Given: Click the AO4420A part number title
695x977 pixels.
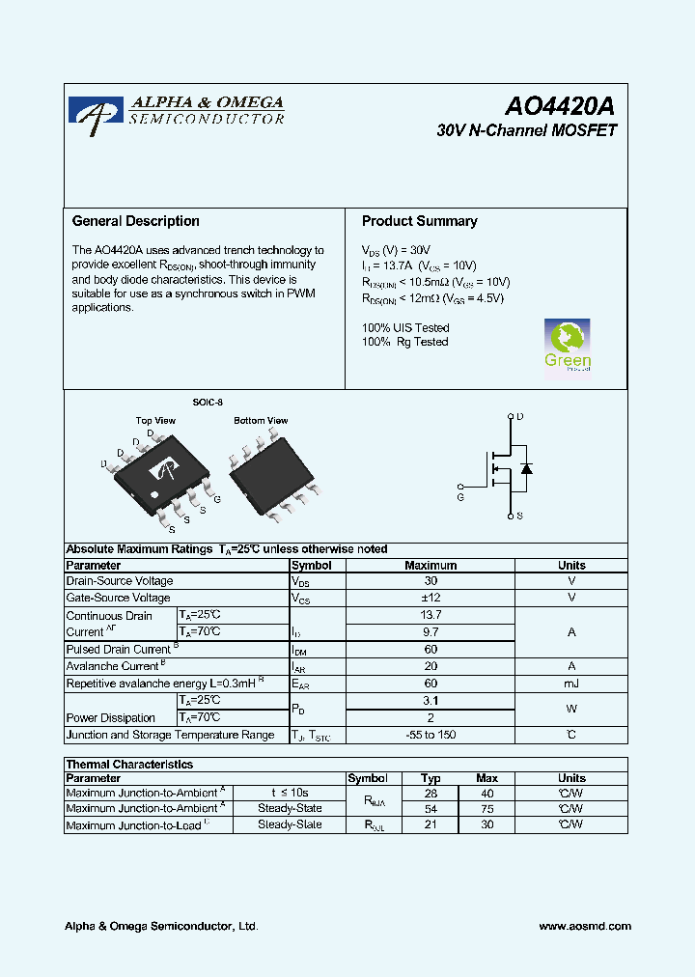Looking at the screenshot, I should tap(560, 106).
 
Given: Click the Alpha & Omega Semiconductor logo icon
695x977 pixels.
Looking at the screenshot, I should tap(96, 110).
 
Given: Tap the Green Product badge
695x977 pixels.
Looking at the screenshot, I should tap(568, 346).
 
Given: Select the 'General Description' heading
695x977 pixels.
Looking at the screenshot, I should tap(136, 221).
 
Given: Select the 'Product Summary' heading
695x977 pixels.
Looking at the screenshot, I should tap(419, 221).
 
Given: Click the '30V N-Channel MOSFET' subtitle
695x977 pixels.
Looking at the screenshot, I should tap(526, 130).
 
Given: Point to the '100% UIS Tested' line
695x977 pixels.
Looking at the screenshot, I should tap(405, 328).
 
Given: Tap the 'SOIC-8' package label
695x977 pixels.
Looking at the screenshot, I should tap(207, 403).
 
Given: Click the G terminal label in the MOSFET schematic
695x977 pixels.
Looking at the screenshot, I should tap(460, 497).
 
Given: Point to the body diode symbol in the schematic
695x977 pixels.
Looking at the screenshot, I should tap(526, 468).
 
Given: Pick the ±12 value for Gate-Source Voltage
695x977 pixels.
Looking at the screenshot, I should tap(431, 599).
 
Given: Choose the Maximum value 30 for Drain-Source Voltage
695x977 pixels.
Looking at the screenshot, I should tap(431, 581).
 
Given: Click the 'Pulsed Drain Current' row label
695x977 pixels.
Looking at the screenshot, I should tap(119, 650).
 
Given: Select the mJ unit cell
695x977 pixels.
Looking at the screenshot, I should tap(571, 684).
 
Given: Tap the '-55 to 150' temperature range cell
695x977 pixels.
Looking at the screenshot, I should tap(431, 736).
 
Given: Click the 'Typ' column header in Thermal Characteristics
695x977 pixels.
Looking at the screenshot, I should tap(431, 778).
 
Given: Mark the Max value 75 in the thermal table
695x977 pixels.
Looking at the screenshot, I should tap(486, 809).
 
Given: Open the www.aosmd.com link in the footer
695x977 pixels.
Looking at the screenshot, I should tap(585, 926).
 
